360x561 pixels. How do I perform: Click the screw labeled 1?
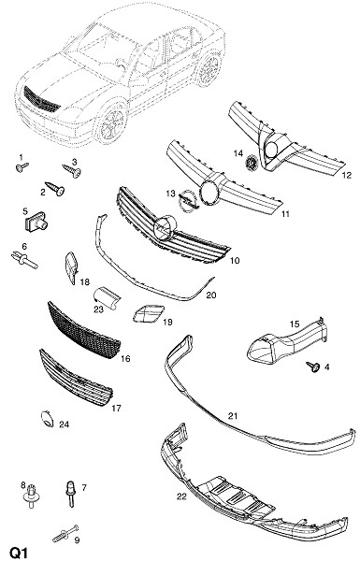(x=22, y=166)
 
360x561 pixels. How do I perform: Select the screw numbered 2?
(x=55, y=189)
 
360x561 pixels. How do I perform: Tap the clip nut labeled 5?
(x=36, y=222)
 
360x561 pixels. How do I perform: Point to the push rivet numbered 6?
(x=24, y=260)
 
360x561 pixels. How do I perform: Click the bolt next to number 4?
(x=313, y=367)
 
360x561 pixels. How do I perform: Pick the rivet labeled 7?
(x=70, y=493)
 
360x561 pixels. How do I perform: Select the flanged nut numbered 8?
(x=32, y=496)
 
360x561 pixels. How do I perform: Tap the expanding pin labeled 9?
(x=65, y=533)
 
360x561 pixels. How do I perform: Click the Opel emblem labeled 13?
(x=188, y=201)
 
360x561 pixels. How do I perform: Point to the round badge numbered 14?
(x=252, y=163)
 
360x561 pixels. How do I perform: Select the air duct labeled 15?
(x=286, y=341)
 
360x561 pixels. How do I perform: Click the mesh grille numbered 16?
(x=84, y=330)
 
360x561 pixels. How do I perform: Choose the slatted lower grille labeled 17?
(x=76, y=378)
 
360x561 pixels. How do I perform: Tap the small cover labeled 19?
(x=148, y=313)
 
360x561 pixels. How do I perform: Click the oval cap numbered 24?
(x=47, y=419)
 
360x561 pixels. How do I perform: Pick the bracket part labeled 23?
(x=107, y=296)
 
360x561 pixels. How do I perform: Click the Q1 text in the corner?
(x=19, y=553)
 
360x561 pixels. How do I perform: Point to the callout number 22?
(x=181, y=496)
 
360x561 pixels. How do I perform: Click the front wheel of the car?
(x=112, y=123)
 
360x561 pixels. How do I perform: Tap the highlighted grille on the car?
(x=41, y=99)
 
